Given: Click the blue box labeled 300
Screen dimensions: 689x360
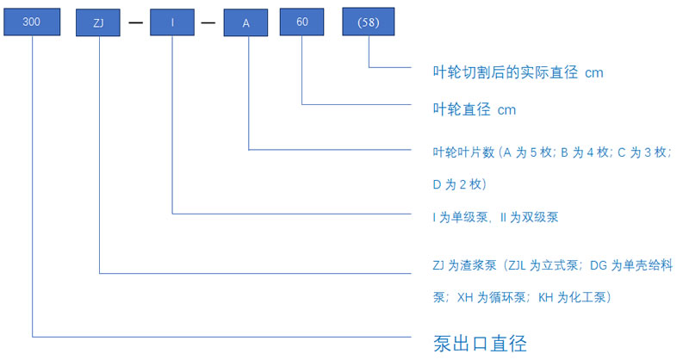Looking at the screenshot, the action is point(32,22).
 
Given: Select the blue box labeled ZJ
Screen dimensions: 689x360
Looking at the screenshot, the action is point(98,23).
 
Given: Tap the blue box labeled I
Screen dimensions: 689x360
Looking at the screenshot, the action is point(172,22).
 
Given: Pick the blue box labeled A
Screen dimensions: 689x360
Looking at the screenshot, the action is point(245,23).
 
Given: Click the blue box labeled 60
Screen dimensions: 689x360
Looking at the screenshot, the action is point(302,22).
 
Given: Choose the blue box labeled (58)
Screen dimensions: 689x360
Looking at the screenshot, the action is point(369,22).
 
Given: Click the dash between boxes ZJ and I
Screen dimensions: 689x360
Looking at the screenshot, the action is point(136,22).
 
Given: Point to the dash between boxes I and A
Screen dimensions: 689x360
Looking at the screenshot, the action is point(208,22).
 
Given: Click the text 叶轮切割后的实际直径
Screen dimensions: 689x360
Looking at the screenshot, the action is point(506,72).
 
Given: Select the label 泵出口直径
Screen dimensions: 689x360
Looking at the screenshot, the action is point(480,344).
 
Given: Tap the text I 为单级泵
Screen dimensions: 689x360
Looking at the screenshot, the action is point(460,217).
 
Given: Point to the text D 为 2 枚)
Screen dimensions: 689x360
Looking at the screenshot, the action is point(460,184).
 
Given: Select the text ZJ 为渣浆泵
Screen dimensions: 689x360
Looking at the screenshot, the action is point(464,265).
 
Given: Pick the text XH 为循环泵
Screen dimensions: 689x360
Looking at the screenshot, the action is point(491,298).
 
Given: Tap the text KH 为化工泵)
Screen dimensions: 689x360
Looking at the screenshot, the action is point(574,298).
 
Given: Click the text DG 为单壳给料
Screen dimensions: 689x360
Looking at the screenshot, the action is point(631,265).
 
